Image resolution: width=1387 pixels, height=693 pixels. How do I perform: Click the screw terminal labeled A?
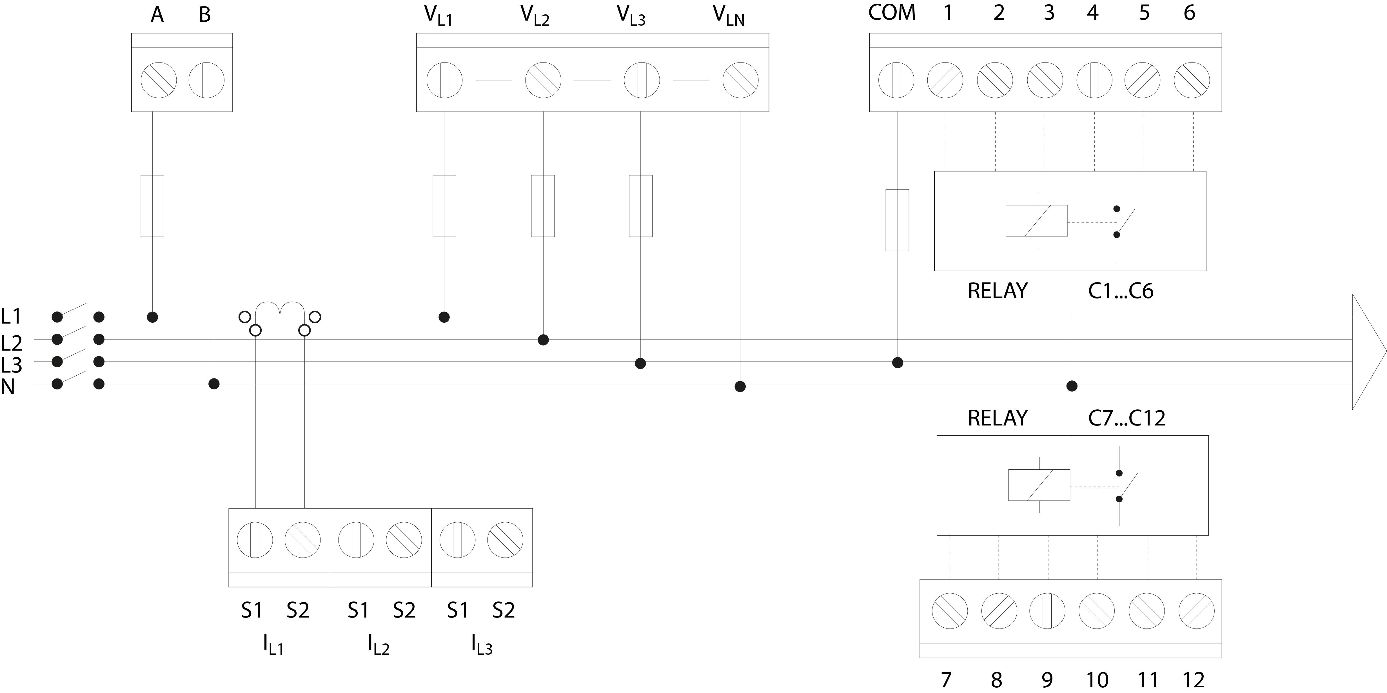(159, 80)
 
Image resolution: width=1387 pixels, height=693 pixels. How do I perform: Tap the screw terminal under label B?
(206, 80)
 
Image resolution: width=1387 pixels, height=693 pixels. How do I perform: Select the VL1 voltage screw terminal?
(444, 80)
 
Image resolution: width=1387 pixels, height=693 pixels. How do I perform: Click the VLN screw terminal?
(740, 80)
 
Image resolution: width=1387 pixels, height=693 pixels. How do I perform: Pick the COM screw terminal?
(896, 80)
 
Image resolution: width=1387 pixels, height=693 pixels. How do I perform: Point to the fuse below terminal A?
(152, 206)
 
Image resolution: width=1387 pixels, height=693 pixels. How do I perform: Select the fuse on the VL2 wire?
(543, 206)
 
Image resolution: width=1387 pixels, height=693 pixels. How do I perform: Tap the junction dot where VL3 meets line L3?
(640, 364)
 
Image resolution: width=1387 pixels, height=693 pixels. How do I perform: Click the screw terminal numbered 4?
(1094, 80)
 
